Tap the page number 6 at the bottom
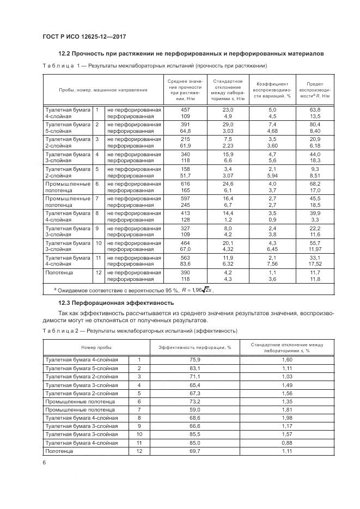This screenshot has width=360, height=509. click(44, 462)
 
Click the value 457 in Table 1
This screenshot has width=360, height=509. click(185, 109)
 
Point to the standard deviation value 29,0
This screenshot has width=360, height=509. click(228, 125)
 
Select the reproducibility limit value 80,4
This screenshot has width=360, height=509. click(315, 125)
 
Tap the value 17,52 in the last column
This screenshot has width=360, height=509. click(315, 264)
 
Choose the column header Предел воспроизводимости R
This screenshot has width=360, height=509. click(315, 90)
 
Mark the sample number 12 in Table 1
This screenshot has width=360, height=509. click(99, 272)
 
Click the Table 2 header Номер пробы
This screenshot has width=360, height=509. click(97, 347)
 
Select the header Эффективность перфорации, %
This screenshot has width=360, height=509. click(195, 347)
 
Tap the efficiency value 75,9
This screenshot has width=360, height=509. click(195, 360)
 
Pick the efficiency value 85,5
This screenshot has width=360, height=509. click(195, 435)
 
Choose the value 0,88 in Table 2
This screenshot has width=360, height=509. click(288, 443)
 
